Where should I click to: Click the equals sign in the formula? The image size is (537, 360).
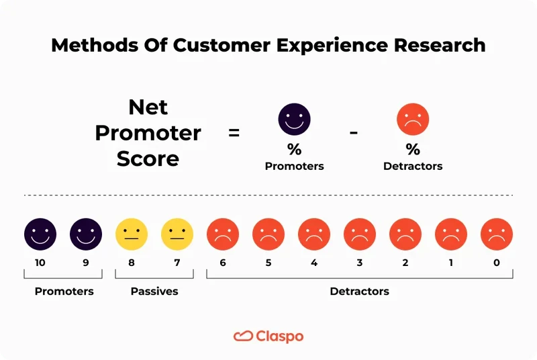(234, 133)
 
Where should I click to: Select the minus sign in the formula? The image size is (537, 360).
(354, 132)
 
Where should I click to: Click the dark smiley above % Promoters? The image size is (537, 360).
(294, 121)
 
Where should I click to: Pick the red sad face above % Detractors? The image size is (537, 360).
(413, 121)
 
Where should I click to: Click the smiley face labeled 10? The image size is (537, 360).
(40, 234)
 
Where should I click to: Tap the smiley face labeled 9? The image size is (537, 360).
(86, 234)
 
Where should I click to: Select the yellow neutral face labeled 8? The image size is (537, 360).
(132, 234)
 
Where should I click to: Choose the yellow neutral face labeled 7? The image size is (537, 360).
(177, 234)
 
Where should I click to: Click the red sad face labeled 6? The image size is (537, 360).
(223, 234)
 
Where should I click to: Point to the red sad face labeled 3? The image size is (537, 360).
(360, 234)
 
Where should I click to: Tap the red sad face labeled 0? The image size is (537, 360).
(497, 234)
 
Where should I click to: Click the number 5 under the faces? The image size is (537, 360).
(268, 263)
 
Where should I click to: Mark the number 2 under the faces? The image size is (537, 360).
(405, 263)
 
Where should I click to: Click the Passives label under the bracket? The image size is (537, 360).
(154, 291)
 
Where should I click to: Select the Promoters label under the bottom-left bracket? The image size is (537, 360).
(64, 291)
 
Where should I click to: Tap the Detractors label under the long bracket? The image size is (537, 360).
(359, 291)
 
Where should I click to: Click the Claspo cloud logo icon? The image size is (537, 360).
(243, 336)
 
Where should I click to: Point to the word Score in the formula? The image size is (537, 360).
(148, 159)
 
